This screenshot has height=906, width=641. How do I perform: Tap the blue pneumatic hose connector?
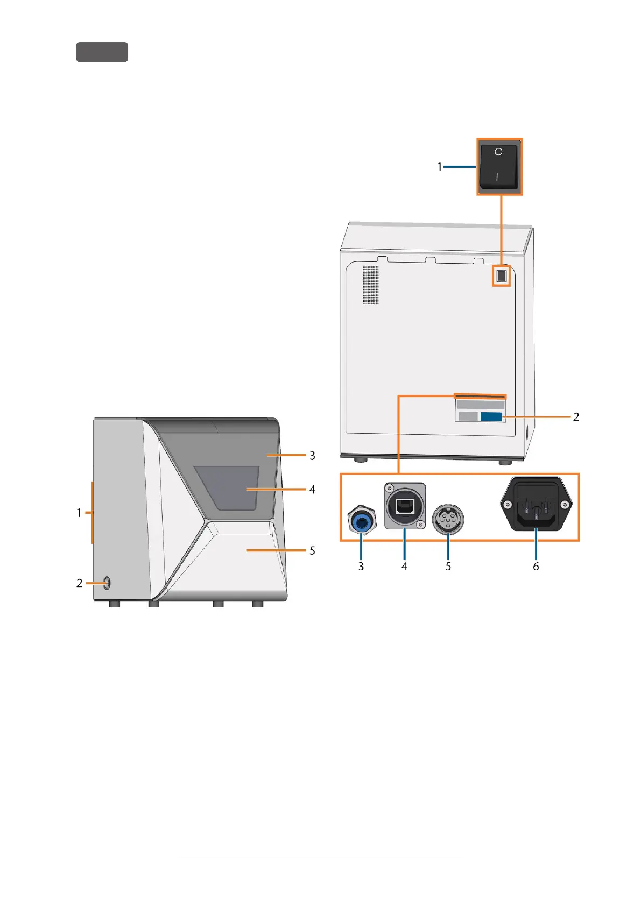point(361,520)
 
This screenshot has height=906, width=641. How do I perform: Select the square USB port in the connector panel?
point(405,506)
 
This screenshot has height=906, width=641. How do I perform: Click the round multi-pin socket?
point(448,520)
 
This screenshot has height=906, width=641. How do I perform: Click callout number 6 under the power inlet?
point(536,566)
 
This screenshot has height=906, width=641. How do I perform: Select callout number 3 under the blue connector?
point(361,566)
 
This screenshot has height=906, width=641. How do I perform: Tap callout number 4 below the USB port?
point(404,566)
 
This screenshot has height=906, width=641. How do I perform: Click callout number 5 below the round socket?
point(448,566)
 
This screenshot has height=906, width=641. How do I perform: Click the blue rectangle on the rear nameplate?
point(491,416)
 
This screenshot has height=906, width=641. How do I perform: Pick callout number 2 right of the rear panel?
point(576,417)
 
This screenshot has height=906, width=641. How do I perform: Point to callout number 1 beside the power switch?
point(440,167)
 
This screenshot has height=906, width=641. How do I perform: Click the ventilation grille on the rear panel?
point(370,284)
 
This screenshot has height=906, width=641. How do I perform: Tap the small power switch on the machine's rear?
point(502,277)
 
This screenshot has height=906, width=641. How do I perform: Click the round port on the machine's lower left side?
point(107,582)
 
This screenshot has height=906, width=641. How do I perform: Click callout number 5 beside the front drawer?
point(312,550)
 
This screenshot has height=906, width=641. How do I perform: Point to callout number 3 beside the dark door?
point(312,456)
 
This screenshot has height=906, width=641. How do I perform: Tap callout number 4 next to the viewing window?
point(312,490)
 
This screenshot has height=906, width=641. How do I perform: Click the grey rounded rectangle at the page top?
point(102,52)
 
